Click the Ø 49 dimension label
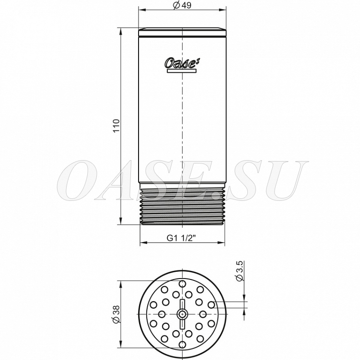(182, 5)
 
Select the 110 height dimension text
(116, 126)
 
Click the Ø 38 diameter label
(116, 314)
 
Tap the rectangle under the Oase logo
(182, 71)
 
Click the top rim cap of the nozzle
(182, 32)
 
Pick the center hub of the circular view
(182, 314)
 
